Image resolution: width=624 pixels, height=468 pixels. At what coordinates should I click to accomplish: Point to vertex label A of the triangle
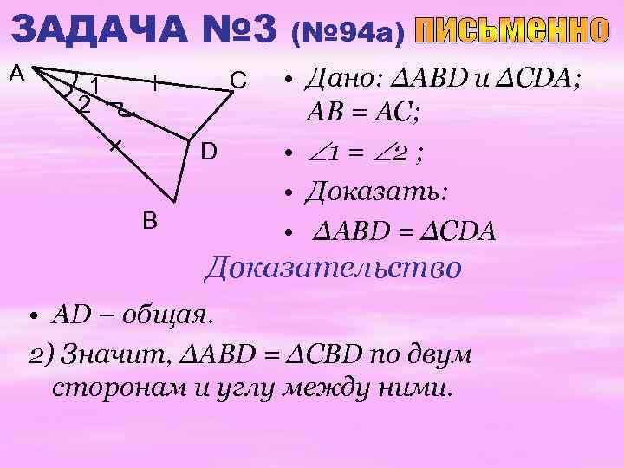coord(16,75)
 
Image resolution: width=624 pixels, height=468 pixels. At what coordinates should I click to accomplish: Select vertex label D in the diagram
coord(209,153)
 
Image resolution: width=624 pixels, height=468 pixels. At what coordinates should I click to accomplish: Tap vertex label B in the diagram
coord(150,222)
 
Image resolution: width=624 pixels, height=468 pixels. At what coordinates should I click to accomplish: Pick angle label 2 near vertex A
coord(83,106)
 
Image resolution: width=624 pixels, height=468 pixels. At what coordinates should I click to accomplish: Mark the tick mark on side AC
coord(154,84)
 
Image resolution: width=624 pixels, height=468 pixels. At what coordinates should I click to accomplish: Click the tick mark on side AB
coord(114,146)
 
